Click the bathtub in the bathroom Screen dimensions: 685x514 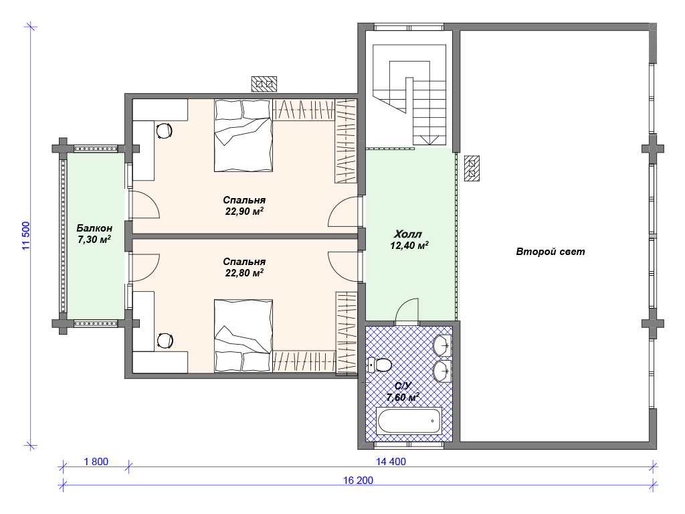point(409,420)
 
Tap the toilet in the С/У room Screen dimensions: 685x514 point(379,364)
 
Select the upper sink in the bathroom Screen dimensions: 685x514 point(442,345)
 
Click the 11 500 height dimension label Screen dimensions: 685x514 point(26,236)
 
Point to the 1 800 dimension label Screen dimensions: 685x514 point(96,462)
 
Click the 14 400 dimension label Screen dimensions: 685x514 point(391,462)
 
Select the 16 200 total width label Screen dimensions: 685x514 point(359,481)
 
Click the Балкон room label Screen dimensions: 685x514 point(94,228)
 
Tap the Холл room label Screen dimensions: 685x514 point(408,234)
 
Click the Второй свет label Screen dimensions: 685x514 point(551,252)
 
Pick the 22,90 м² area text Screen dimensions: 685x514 point(244,211)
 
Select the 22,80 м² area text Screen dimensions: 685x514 point(244,273)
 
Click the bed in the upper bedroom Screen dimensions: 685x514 point(243,135)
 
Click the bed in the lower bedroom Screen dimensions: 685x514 point(243,336)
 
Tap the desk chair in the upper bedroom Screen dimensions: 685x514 point(164,131)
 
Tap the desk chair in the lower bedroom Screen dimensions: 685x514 point(165,341)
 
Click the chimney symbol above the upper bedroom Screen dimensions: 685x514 point(264,84)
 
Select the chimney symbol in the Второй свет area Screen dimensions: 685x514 point(472,168)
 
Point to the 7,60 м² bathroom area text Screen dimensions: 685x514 point(403,398)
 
